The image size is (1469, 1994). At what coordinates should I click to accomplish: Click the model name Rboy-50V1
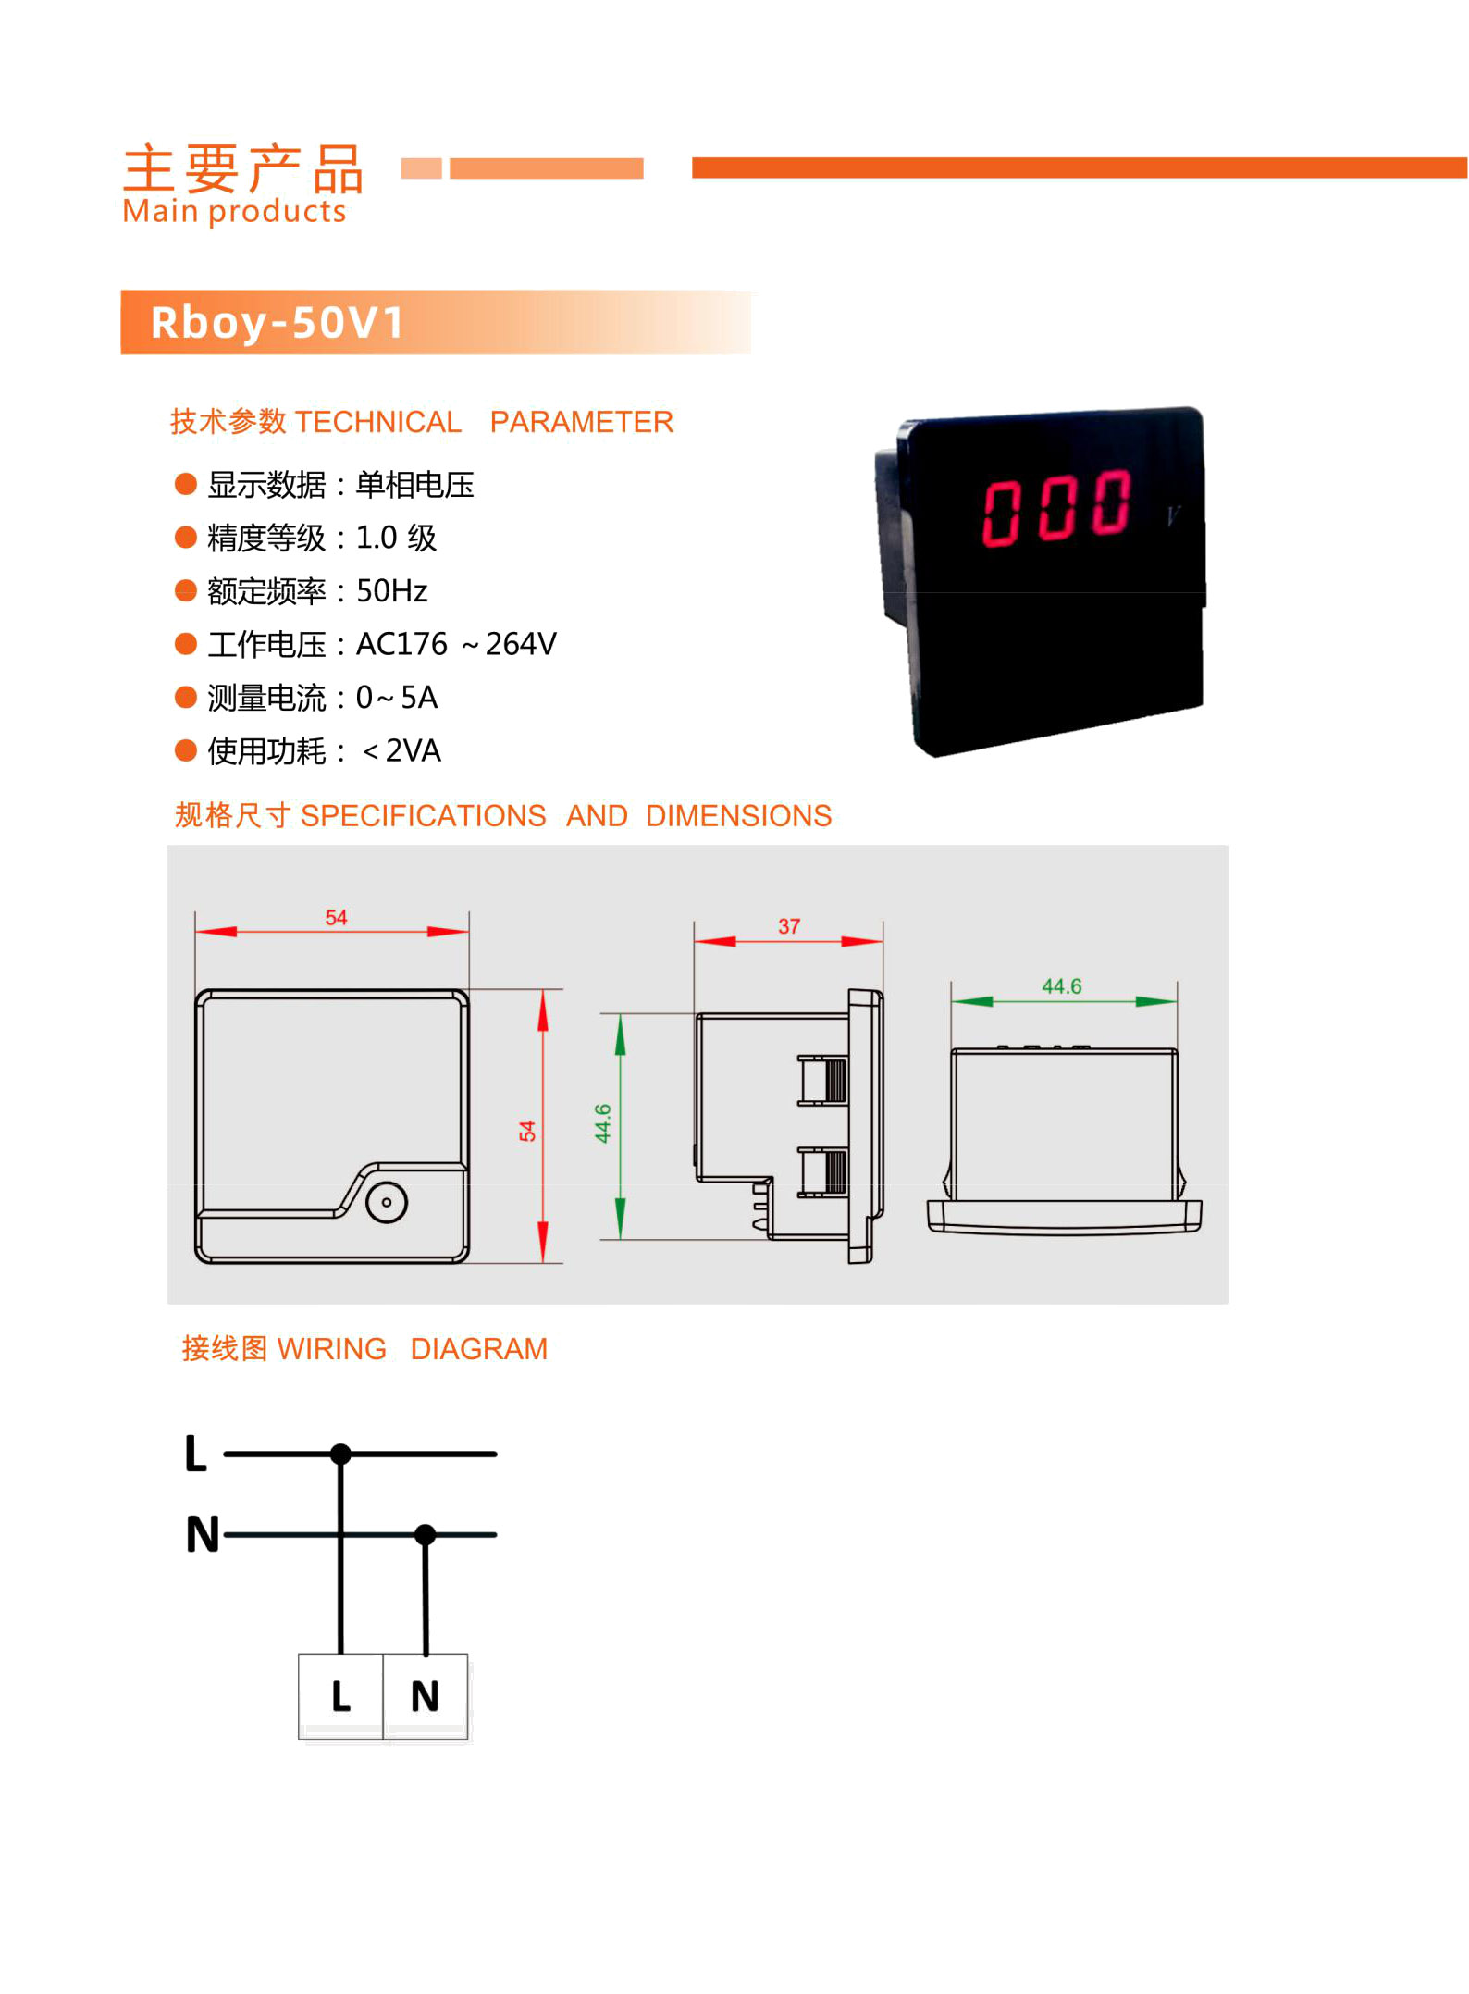(x=278, y=323)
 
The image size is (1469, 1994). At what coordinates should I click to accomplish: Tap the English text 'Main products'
(x=234, y=212)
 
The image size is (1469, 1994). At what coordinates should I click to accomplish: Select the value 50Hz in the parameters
(x=392, y=590)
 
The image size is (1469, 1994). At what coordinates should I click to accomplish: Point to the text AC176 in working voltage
(x=401, y=644)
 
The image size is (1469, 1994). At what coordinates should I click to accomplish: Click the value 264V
(x=521, y=644)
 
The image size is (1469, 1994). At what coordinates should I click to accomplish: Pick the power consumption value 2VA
(x=413, y=750)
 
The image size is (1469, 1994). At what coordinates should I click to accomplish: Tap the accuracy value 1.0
(x=377, y=538)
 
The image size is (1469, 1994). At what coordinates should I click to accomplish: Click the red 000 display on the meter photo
(x=1055, y=507)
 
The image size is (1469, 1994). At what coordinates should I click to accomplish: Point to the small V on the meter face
(x=1174, y=515)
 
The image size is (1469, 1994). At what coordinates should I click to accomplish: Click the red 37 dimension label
(x=789, y=926)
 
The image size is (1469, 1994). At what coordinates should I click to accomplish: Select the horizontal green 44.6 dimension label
(x=1062, y=986)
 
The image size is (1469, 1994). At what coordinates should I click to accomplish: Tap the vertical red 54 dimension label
(x=527, y=1131)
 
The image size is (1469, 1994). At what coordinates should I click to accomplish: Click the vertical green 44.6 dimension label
(x=602, y=1123)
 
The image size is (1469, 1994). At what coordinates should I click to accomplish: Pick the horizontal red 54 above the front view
(x=336, y=917)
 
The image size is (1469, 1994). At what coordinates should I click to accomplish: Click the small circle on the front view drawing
(x=387, y=1203)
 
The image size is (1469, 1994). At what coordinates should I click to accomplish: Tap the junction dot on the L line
(x=340, y=1455)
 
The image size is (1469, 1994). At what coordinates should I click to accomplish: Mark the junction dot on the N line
(x=426, y=1535)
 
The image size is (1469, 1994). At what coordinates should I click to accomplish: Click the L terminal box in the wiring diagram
(x=340, y=1697)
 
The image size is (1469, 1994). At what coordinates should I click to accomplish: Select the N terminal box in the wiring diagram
(x=426, y=1697)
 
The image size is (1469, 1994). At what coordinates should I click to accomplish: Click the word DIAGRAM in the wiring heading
(x=479, y=1349)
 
